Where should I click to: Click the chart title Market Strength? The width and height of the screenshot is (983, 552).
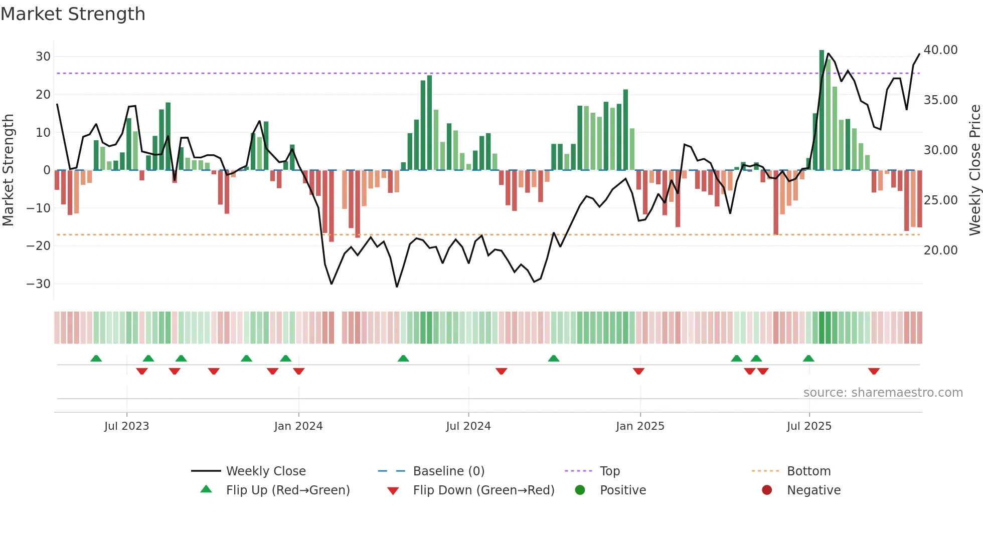(73, 14)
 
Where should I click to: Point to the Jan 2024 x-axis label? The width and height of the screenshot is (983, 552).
(298, 426)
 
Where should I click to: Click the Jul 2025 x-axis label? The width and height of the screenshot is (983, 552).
(809, 426)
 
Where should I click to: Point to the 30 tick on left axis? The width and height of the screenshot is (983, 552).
(43, 57)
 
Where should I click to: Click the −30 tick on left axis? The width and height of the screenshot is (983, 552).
(39, 284)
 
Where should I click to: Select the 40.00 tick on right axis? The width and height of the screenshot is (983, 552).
(940, 50)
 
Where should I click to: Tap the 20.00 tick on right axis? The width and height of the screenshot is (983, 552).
(940, 250)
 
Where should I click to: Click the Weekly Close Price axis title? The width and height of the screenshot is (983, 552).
(974, 170)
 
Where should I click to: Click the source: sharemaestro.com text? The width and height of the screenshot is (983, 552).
(883, 393)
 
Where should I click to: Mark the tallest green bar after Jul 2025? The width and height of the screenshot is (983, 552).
(822, 110)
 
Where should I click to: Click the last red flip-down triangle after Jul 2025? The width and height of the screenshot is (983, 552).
(874, 371)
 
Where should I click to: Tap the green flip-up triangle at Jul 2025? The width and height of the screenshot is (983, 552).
(808, 358)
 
